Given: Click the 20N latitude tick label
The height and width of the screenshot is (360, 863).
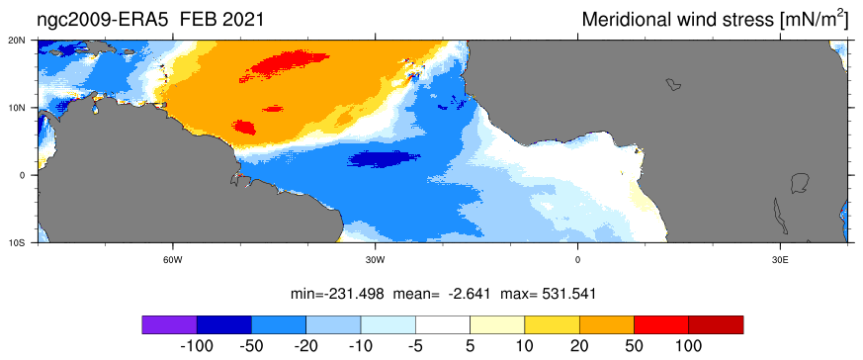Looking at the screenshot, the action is (26, 41).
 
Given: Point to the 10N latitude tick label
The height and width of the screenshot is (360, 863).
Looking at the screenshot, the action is (26, 108).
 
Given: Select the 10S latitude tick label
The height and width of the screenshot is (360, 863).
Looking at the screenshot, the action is (26, 242).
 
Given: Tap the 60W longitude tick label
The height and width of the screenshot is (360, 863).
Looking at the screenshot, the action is (173, 259).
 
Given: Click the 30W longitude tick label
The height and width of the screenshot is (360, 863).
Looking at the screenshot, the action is (375, 259).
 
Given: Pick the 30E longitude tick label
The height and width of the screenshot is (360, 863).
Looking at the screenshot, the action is (779, 259).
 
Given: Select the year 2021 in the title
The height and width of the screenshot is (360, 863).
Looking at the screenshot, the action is (241, 20).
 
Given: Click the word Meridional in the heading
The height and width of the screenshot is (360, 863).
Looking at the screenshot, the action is (625, 20).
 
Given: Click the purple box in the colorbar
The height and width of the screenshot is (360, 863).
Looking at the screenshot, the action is (169, 324).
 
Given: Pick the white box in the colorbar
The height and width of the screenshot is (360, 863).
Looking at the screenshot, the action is (443, 324).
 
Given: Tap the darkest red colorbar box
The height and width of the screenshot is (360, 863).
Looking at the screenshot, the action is (716, 324).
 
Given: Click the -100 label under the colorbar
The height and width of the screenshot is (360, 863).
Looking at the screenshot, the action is (197, 346).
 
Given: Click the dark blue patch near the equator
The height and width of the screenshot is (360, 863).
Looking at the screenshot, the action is (385, 159).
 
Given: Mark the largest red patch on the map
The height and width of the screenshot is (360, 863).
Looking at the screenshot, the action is (281, 64).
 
